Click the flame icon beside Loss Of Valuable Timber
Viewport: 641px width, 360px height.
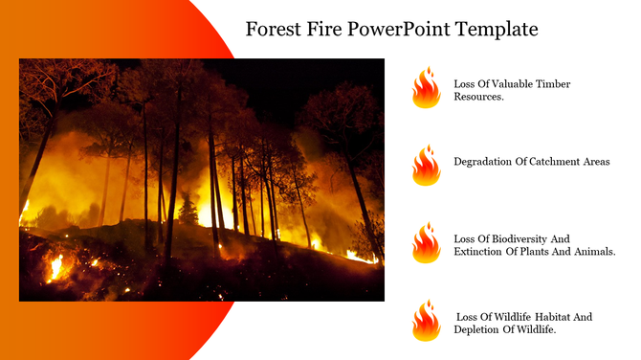point(426,88)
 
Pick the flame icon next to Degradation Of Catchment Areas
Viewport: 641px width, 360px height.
point(426,166)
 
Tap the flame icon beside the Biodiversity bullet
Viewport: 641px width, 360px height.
point(426,243)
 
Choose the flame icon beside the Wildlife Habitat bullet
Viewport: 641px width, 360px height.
point(426,321)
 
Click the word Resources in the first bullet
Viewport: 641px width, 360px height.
point(477,98)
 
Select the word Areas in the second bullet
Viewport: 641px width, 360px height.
point(593,162)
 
